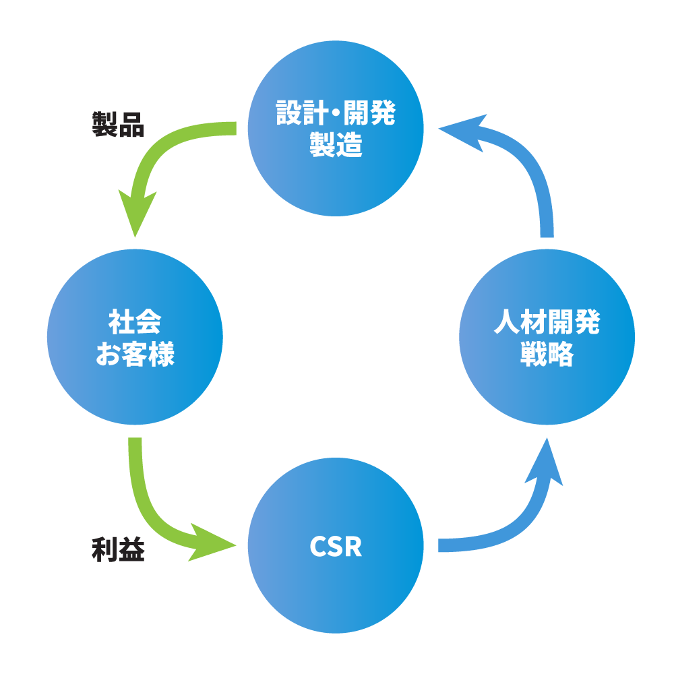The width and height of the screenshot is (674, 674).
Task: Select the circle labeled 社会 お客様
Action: click(135, 391)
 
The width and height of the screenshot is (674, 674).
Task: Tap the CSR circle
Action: click(336, 586)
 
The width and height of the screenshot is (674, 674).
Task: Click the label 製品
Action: click(118, 125)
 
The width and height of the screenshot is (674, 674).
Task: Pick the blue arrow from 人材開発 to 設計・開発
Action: click(536, 175)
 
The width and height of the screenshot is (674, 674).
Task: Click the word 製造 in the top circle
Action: click(336, 145)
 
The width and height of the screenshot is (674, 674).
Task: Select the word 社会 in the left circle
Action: click(135, 323)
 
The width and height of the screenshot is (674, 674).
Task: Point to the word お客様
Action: click(135, 354)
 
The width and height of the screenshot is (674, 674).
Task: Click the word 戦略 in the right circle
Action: click(547, 355)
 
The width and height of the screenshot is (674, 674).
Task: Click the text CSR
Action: click(336, 547)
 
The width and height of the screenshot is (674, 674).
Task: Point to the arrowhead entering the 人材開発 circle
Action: click(547, 462)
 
